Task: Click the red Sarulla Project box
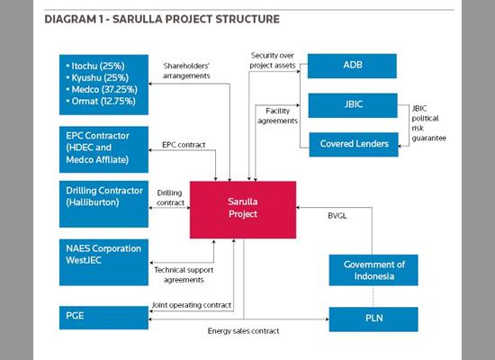click(242, 209)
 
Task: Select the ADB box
click(353, 66)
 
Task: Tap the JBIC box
click(353, 104)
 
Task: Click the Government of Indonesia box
click(373, 270)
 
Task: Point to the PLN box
click(373, 319)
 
